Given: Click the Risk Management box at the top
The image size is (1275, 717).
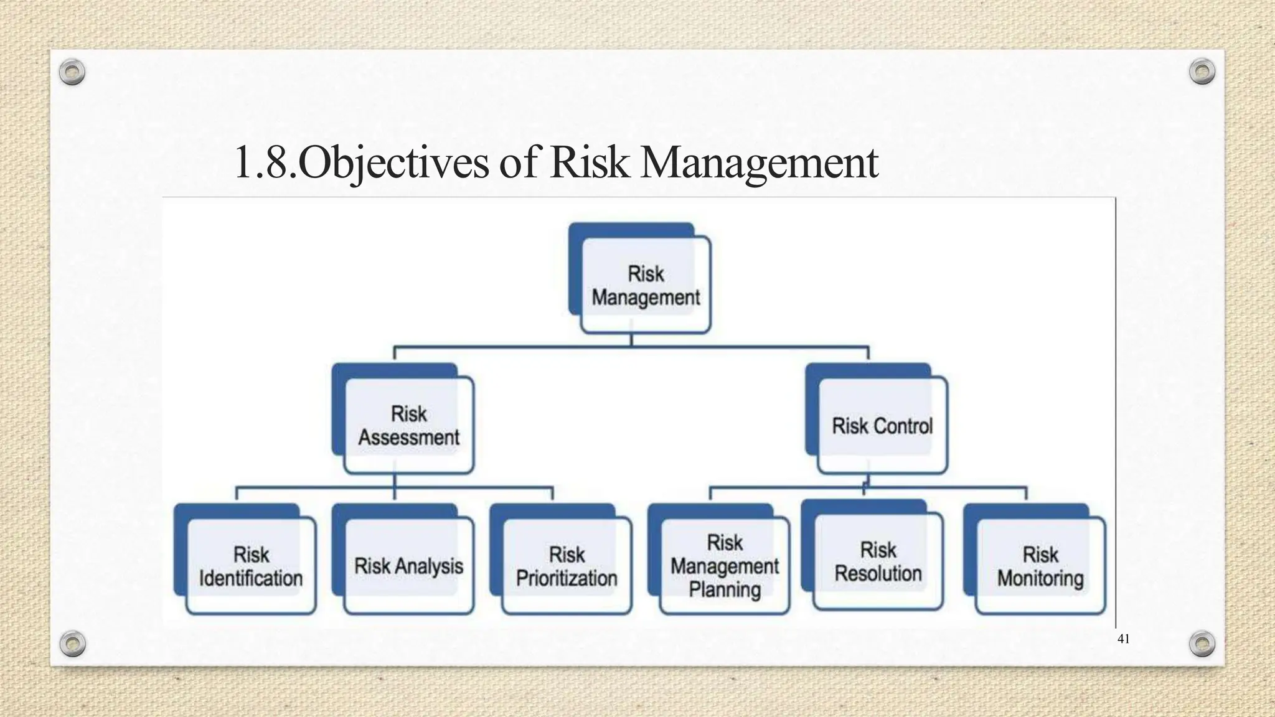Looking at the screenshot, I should (x=645, y=285).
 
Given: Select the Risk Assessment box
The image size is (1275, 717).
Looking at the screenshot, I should (x=408, y=426).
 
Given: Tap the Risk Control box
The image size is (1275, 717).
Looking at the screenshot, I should (x=882, y=426).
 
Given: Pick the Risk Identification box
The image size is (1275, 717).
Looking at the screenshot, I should (x=251, y=566).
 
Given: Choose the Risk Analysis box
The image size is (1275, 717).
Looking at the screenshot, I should (x=408, y=566).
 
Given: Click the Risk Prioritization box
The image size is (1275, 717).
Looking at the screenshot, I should (x=567, y=566).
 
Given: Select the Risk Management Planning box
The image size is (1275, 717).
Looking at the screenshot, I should (x=725, y=566).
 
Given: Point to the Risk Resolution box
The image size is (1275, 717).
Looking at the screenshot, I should (x=878, y=561).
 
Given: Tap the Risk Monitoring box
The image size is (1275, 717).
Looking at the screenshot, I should (x=1040, y=566).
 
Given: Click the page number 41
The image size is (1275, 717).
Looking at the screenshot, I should (x=1124, y=639).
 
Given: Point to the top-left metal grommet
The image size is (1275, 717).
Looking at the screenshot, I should (x=72, y=73).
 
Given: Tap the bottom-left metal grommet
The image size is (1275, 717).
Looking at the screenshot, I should (x=72, y=644).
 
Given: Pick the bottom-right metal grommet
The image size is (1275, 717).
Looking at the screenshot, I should (x=1202, y=644).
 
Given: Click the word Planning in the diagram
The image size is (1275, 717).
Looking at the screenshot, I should (x=725, y=589).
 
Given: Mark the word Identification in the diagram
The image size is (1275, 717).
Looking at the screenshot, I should (x=251, y=578).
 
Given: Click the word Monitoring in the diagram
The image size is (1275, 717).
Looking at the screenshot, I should (x=1040, y=578).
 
